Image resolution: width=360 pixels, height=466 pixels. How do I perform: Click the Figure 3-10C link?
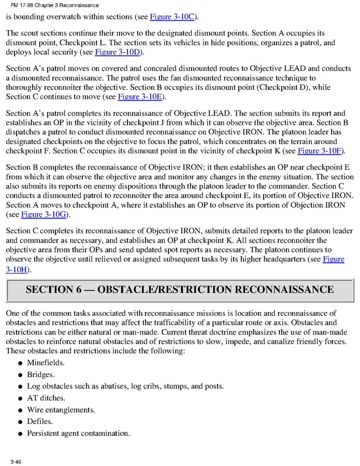click(172, 17)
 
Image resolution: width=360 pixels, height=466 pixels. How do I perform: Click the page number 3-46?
click(15, 461)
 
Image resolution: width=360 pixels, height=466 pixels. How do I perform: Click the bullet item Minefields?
click(46, 363)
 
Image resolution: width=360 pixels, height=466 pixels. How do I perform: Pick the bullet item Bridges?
click(40, 374)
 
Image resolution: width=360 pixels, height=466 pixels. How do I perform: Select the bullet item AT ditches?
click(46, 398)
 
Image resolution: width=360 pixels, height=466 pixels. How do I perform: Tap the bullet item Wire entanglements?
click(61, 409)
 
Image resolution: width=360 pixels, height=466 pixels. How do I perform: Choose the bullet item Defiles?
click(39, 421)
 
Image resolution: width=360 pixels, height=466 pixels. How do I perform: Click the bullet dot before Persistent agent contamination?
click(20, 434)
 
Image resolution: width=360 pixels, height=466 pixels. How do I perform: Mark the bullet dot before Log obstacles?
click(20, 387)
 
